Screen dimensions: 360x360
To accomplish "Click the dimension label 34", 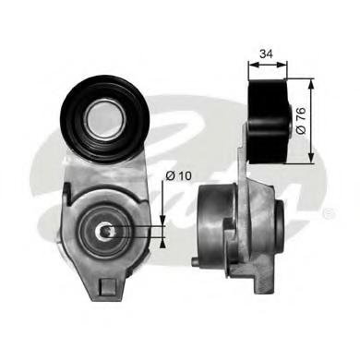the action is coord(267,54).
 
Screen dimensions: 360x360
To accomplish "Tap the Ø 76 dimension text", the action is coord(301,120).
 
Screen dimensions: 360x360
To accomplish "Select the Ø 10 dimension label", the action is coord(178,175).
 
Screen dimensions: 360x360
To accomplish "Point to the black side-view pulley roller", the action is coord(268,121).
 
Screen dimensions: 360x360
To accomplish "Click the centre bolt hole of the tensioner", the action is coord(106,232).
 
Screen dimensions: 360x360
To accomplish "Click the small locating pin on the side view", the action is coord(195,262).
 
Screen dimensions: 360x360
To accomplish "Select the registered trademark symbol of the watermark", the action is coord(329,213).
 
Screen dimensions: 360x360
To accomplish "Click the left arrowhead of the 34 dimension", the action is coord(252,65).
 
